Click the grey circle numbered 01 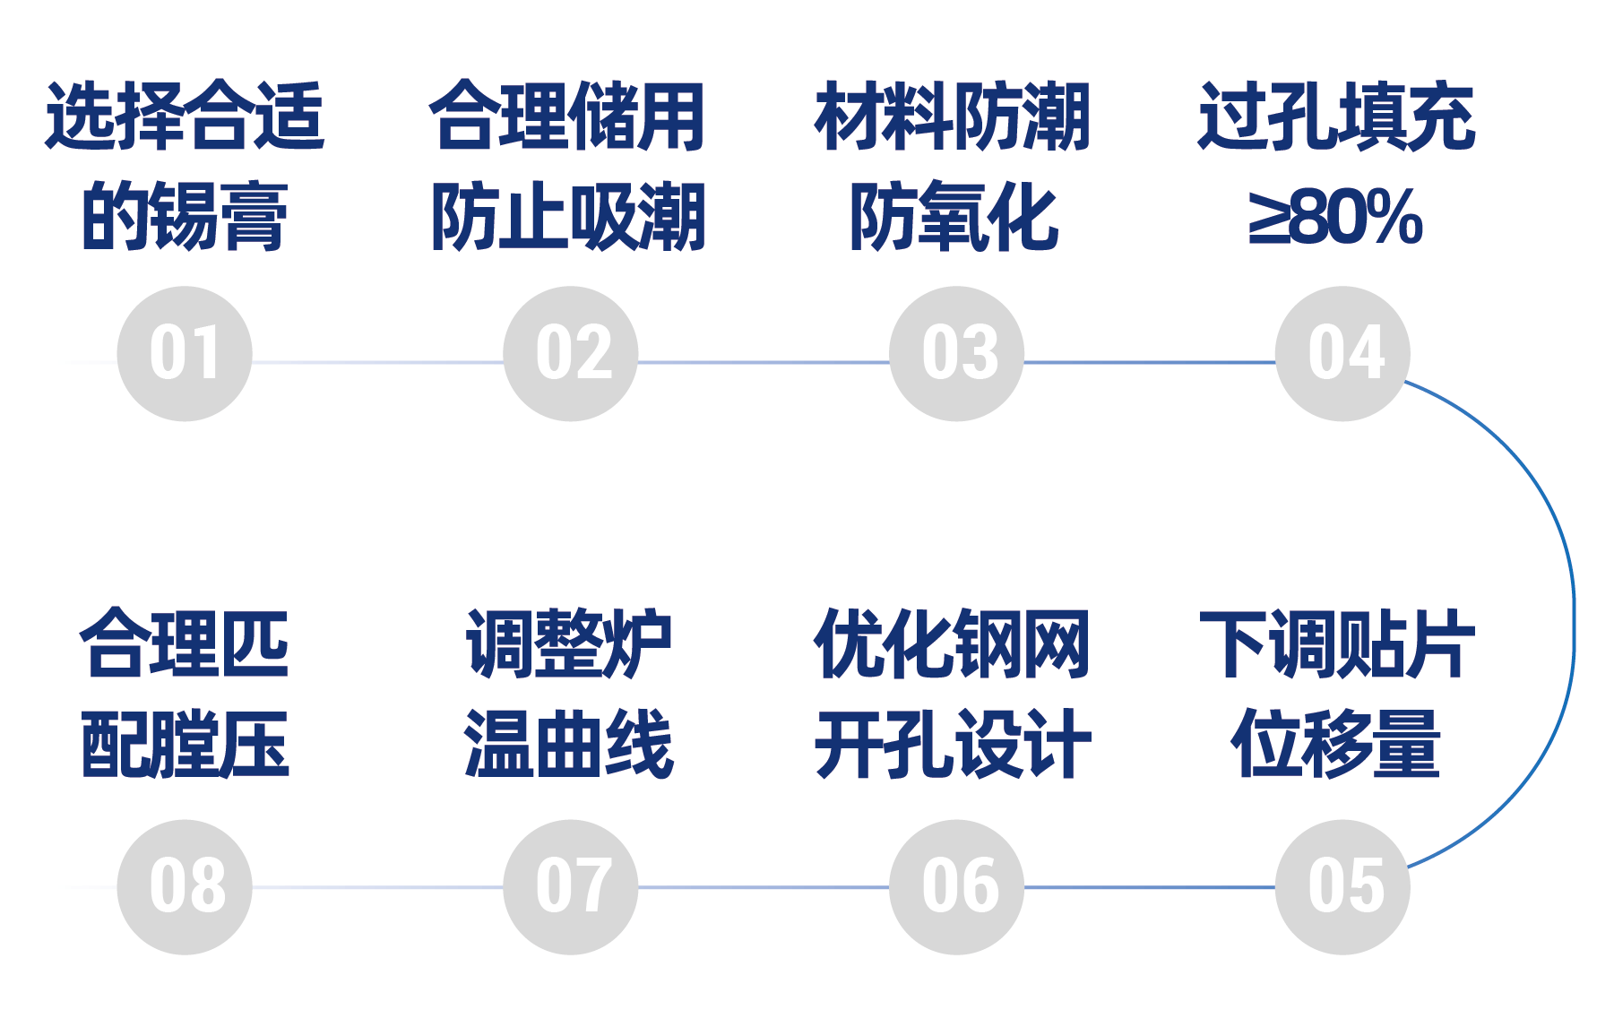185,354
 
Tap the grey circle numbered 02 571,354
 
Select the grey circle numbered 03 957,354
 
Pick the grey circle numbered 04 1343,354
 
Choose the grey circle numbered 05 1343,887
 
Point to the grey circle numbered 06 957,887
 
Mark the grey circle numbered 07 571,887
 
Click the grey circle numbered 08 185,887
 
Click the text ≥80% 1336,216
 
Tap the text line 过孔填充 1336,117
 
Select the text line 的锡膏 185,216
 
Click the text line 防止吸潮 569,216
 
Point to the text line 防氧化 954,216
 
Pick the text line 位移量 1336,743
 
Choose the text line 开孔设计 954,743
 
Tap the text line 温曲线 569,743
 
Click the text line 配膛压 185,743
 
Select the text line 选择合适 185,117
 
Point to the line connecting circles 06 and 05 1151,887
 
